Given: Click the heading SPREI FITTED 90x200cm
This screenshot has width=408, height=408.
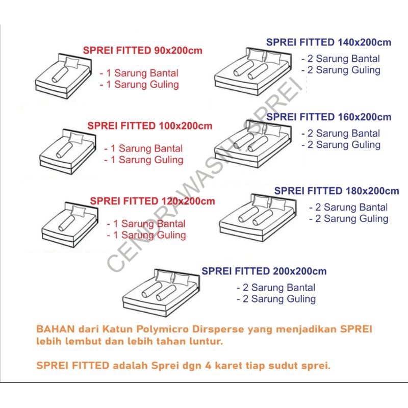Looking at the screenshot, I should point(142,50).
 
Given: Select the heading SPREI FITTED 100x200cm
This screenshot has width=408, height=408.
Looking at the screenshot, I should point(149,126).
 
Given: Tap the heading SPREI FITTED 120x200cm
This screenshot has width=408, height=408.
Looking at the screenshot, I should point(152,201).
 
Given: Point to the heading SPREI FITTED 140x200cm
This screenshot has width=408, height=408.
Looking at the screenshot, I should point(328,42).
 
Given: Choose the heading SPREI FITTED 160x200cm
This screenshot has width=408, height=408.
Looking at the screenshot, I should point(329,117).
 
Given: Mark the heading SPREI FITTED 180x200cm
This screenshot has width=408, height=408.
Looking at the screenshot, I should point(337,191).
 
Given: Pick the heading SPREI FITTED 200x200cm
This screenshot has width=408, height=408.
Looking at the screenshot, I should point(264,271).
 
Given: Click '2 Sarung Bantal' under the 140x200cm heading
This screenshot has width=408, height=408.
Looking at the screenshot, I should point(341,59).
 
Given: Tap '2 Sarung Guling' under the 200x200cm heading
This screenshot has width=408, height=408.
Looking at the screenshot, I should point(276,299).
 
